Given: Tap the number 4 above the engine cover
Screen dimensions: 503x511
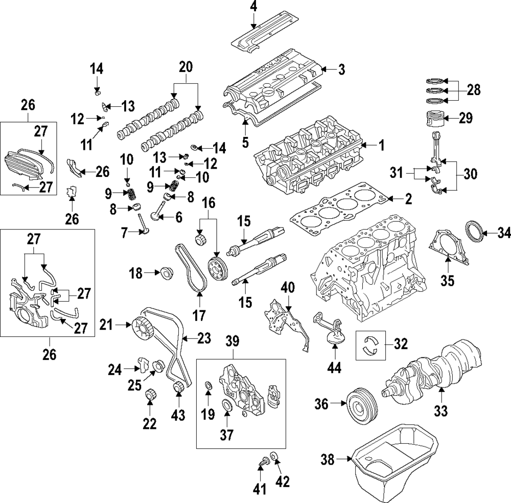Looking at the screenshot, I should coord(254,7).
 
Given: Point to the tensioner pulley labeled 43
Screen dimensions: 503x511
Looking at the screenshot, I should coord(179,389).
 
